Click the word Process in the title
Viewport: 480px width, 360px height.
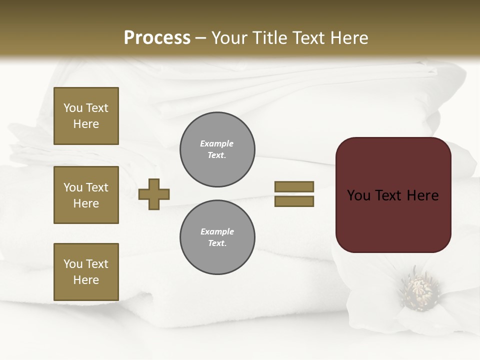157,37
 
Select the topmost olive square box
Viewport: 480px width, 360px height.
86,116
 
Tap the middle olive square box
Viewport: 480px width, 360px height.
86,195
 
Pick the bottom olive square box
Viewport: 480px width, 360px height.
86,272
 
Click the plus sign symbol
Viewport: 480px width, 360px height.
154,194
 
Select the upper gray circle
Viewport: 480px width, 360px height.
217,149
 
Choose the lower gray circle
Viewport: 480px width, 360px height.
217,237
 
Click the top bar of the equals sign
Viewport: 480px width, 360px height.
294,186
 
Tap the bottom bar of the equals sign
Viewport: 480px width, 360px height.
294,201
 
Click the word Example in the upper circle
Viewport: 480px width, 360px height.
217,143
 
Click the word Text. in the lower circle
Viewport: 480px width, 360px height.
217,243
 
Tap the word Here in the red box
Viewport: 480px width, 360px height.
422,195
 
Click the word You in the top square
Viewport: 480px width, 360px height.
73,108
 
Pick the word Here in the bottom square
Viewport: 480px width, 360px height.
86,280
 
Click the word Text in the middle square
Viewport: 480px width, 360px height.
97,187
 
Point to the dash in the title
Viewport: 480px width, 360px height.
200,38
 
